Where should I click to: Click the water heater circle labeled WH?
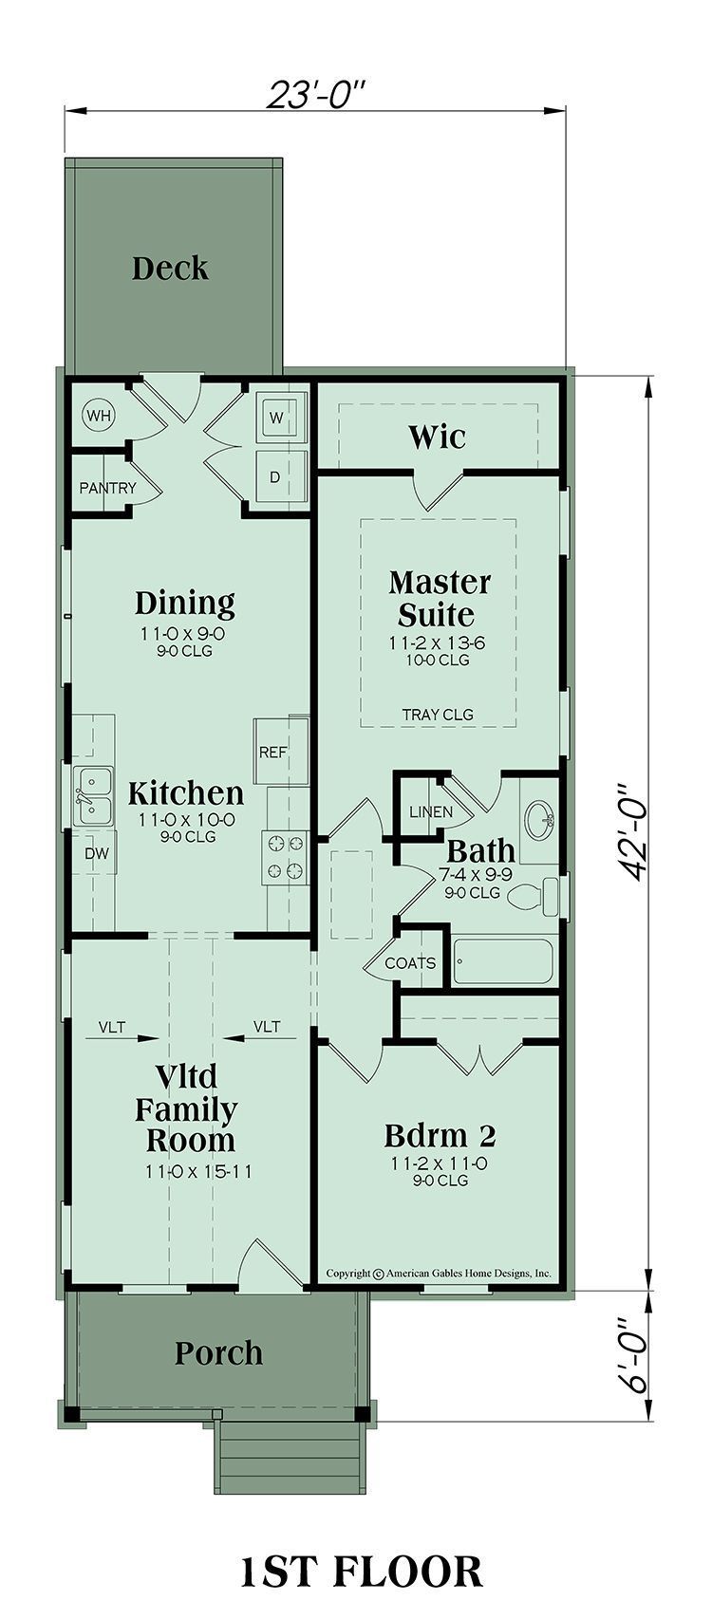point(100,416)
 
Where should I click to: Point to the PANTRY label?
point(107,488)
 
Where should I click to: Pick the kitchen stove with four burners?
point(285,857)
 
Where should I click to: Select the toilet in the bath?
point(534,896)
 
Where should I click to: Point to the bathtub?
point(505,962)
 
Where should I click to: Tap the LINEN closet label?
point(431,812)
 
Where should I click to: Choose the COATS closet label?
point(409,962)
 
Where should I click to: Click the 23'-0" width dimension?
point(315,94)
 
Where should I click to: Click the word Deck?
point(170,269)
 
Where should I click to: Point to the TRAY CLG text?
point(438,714)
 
